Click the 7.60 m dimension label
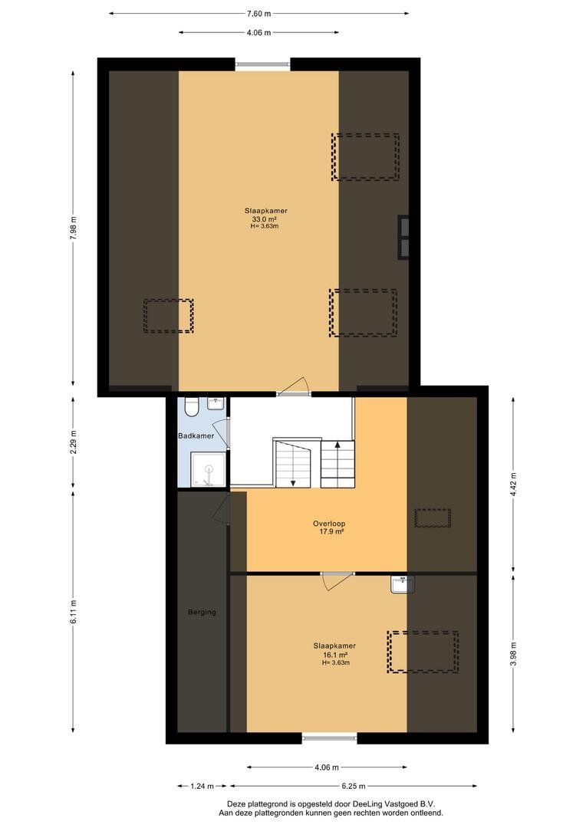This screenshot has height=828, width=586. coord(258,14)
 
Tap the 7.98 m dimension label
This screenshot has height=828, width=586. coord(74,228)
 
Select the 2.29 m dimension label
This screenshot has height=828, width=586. coord(74,443)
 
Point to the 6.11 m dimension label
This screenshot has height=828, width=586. coord(74,612)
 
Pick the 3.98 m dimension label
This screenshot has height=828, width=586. coord(514,654)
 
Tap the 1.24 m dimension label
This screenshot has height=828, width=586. coord(202,786)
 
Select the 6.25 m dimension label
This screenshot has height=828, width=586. coord(353,786)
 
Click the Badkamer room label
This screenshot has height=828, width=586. coord(196,435)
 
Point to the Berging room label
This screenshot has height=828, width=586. coord(202,612)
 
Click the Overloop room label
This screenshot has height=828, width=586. coord(329,524)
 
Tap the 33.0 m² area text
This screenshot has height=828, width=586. coord(265,219)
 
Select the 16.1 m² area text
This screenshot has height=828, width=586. coord(335,654)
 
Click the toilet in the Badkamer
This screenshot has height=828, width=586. coord(191,406)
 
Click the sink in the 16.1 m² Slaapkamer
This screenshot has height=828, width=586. coord(403,584)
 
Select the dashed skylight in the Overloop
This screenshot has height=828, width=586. coord(433,518)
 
